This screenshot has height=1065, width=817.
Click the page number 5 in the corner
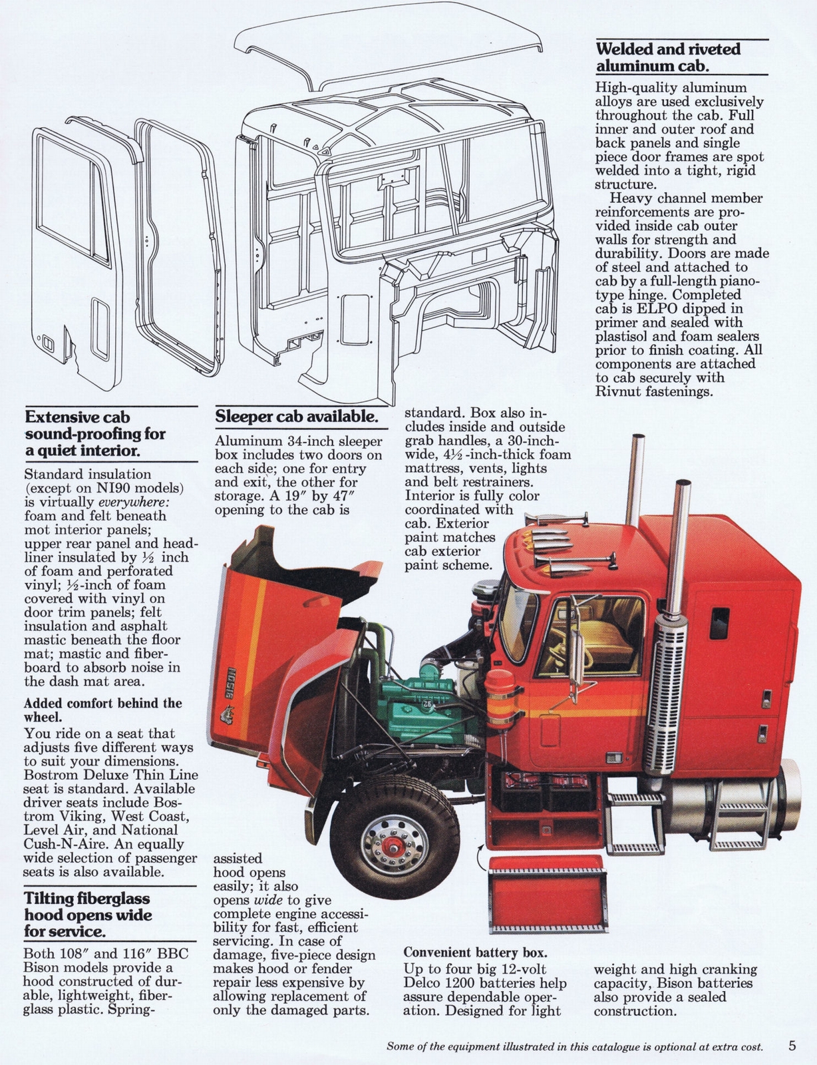point(792,1046)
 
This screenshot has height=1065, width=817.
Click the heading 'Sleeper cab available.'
point(296,417)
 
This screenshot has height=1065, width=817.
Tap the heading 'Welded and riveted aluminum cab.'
point(668,57)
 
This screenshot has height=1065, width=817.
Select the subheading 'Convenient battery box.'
point(475,952)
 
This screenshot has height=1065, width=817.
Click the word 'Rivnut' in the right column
point(619,391)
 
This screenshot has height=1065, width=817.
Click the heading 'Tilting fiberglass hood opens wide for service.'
point(88,914)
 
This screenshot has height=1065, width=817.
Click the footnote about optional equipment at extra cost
point(574,1047)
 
